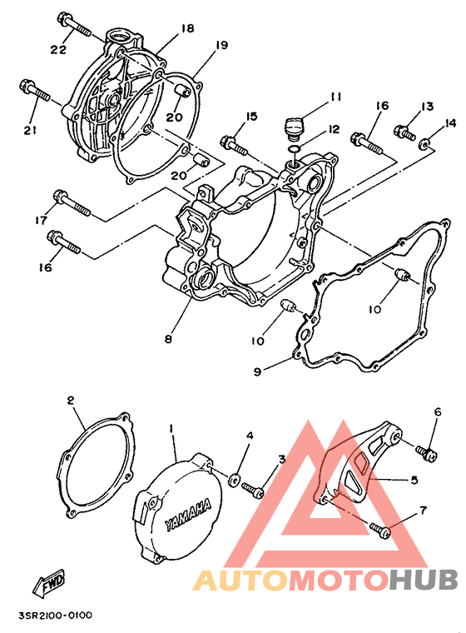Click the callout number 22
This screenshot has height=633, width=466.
[59, 49]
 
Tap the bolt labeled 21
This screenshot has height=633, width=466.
[35, 91]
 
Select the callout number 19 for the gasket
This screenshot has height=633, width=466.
[221, 44]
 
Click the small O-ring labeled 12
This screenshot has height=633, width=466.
[294, 150]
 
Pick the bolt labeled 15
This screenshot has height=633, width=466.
[234, 146]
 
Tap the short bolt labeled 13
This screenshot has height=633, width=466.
[404, 132]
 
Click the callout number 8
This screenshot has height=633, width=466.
[168, 338]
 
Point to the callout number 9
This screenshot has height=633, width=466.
[258, 371]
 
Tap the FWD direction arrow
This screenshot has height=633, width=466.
[49, 582]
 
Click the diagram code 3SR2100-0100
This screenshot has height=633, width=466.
[55, 616]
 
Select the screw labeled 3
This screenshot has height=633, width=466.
[253, 489]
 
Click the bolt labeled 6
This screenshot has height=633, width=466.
[426, 452]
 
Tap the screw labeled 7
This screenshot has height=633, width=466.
[380, 530]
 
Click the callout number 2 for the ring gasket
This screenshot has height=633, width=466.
[71, 401]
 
